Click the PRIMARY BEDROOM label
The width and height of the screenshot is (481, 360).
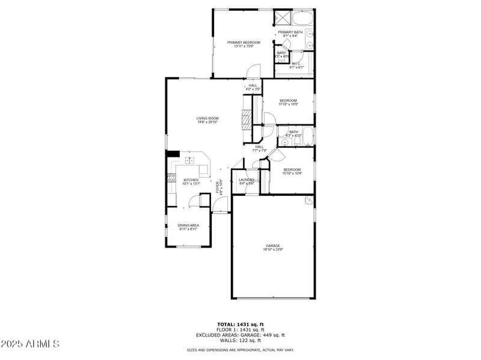244,42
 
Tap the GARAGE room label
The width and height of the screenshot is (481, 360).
274,246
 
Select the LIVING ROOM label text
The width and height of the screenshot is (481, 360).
207,118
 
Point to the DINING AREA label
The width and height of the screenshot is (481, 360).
188,225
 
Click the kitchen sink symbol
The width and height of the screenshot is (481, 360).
190,160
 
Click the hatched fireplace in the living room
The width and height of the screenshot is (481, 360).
245,120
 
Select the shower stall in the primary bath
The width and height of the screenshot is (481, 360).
283,17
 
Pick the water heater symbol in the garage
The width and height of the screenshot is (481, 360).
309,201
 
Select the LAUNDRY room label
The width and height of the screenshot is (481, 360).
247,180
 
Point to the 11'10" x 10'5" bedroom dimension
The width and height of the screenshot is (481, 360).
288,105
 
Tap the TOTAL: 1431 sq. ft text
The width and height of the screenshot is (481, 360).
240,325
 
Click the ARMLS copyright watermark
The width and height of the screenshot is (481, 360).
30,344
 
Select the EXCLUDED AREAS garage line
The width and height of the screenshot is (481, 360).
240,335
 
